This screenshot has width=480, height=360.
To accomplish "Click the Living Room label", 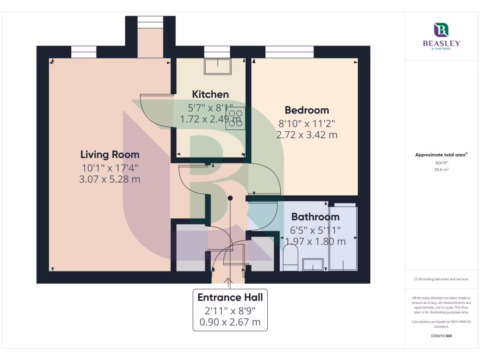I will (x=110, y=154).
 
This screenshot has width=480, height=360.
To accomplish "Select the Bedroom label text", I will (x=307, y=110).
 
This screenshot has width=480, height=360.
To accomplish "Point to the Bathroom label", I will (x=315, y=217).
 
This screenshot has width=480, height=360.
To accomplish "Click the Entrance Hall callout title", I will (x=230, y=297).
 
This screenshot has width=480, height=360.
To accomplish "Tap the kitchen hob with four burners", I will (x=235, y=119).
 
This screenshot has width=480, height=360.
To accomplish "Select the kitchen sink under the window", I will (x=217, y=67).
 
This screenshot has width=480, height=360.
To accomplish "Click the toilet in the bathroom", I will (x=291, y=259).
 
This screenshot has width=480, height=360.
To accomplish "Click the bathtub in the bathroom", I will (x=343, y=237).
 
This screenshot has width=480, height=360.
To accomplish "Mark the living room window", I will (x=83, y=52).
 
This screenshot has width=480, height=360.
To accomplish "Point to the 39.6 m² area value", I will (x=441, y=170).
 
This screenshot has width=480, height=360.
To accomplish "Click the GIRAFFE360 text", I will (x=441, y=336).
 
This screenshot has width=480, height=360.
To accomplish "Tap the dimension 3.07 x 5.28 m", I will (x=110, y=179).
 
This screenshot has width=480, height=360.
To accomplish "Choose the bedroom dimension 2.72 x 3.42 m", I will (x=307, y=135).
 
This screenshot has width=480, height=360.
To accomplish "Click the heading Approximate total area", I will (x=441, y=155).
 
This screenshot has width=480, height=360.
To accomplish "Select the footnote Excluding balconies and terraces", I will (x=441, y=279).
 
